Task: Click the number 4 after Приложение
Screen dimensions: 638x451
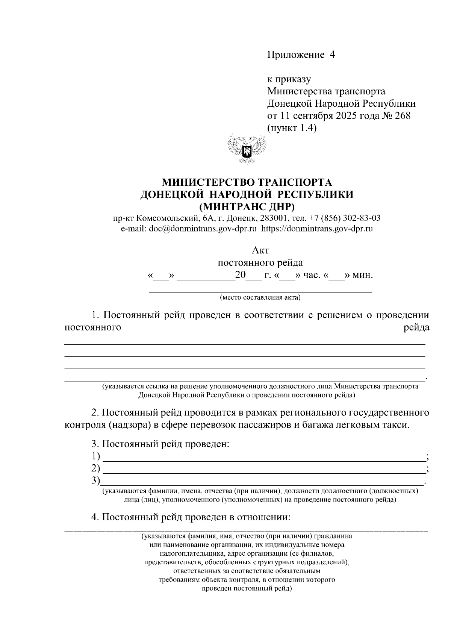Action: click(x=331, y=55)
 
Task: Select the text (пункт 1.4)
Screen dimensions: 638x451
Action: click(x=292, y=128)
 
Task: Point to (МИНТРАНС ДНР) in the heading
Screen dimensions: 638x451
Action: click(x=247, y=206)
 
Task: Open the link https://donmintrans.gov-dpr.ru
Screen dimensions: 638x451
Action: click(x=317, y=228)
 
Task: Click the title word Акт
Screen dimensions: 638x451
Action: click(x=260, y=250)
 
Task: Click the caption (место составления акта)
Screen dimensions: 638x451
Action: click(x=260, y=298)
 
